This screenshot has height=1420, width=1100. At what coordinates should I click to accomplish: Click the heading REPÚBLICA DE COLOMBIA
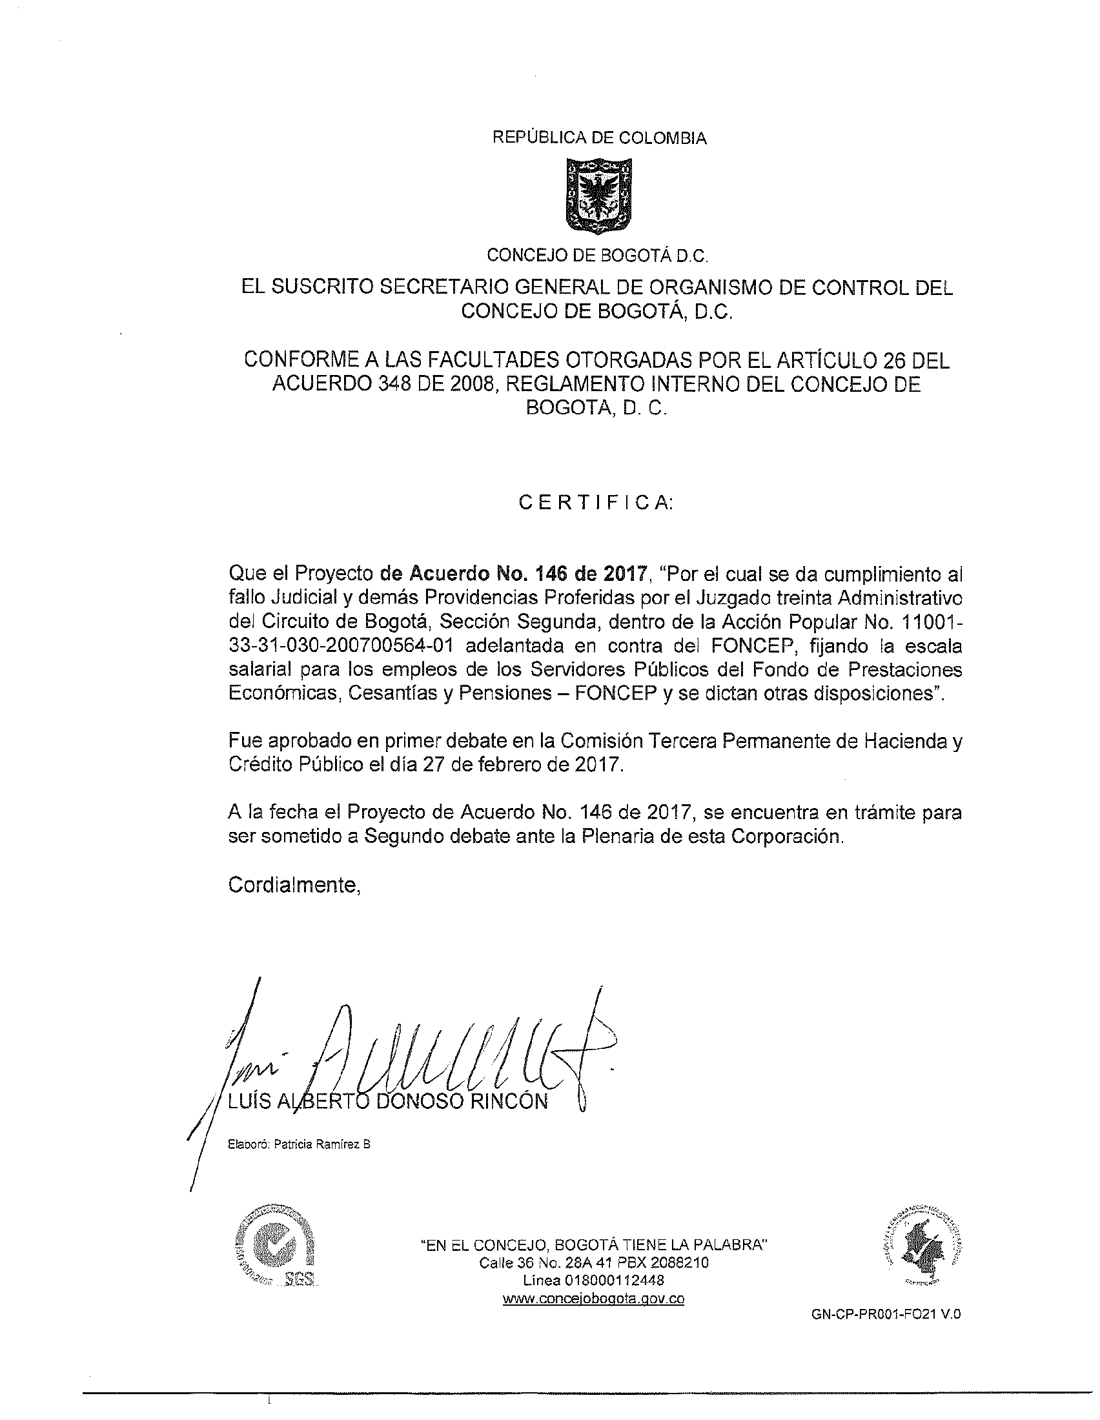(600, 138)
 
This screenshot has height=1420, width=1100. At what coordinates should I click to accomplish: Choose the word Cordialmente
(294, 885)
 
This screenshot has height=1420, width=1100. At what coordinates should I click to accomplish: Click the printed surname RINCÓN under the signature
(512, 1101)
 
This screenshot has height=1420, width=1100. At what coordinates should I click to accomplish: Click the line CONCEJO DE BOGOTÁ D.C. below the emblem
(597, 256)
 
